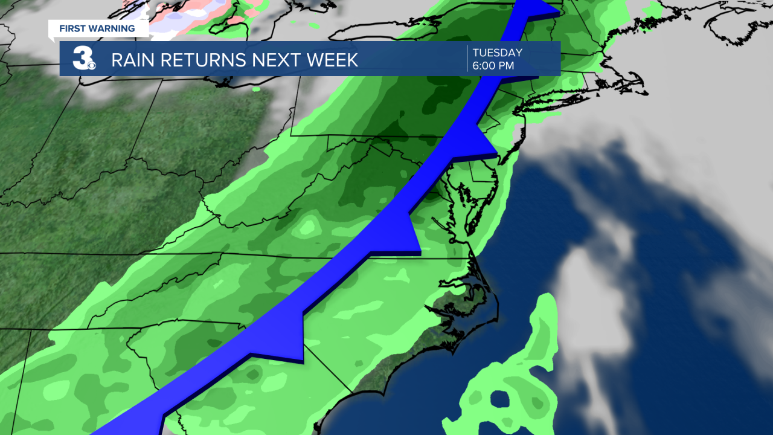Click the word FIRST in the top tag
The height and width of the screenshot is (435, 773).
(x=72, y=28)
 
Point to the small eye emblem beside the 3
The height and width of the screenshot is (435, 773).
(x=91, y=65)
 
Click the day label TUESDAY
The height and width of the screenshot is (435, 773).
(x=497, y=53)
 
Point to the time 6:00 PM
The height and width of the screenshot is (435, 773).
(x=493, y=66)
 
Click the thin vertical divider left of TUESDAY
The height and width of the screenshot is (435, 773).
(x=467, y=59)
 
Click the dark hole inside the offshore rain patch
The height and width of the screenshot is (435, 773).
(x=501, y=399)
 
